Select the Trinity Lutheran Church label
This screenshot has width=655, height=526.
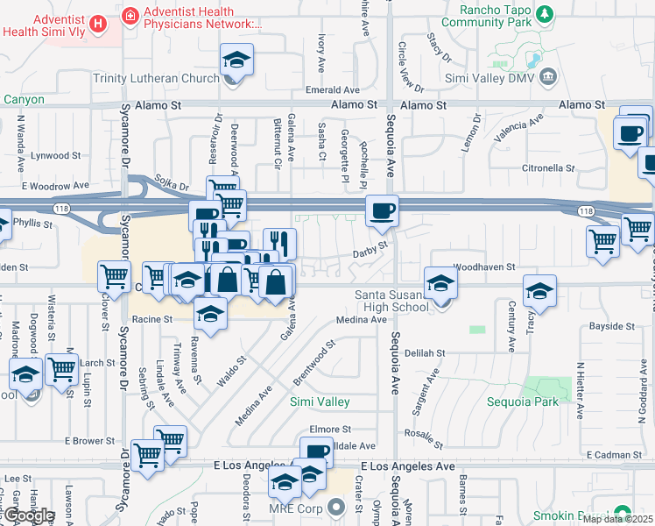coord(156,79)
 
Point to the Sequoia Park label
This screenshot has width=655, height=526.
coord(522,402)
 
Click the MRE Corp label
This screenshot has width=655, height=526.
coord(294,508)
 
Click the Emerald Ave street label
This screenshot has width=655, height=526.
coord(333,90)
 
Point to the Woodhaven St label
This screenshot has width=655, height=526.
coord(482,266)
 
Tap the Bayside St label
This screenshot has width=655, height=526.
coord(611,325)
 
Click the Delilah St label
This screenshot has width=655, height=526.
coord(426,352)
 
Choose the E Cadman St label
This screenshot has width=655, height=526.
coord(615,454)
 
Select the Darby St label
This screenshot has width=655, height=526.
coord(370,250)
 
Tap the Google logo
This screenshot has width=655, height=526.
coord(28,515)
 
